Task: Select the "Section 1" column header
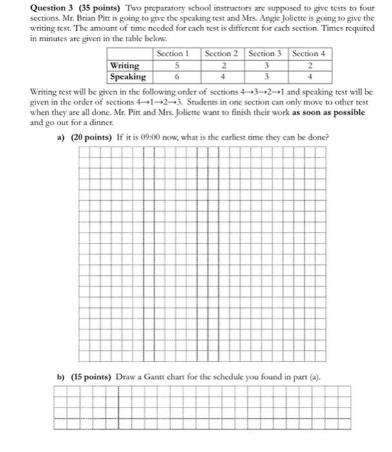[x=174, y=54]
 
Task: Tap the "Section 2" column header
[x=222, y=54]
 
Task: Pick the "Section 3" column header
[x=265, y=54]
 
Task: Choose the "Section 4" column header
[x=309, y=54]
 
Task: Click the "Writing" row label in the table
[x=124, y=65]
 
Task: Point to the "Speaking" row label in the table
[x=127, y=76]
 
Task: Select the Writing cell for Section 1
[x=176, y=65]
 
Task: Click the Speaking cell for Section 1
[x=176, y=76]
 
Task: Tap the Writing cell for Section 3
[x=265, y=65]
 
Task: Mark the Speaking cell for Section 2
[x=222, y=76]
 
